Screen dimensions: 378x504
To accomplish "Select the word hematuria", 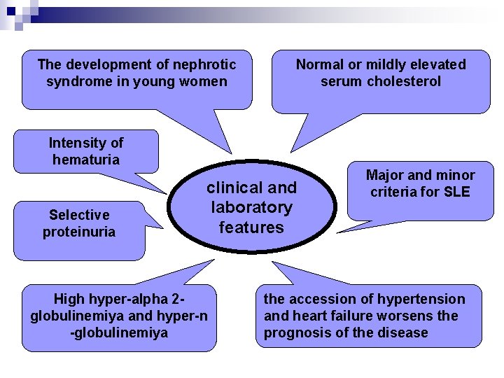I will click(86, 160).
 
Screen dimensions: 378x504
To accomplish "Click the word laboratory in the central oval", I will click(251, 207).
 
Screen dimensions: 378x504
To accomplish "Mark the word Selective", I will click(78, 215).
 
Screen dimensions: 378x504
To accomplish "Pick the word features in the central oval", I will click(251, 227).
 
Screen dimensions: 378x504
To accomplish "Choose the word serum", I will click(339, 82).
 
